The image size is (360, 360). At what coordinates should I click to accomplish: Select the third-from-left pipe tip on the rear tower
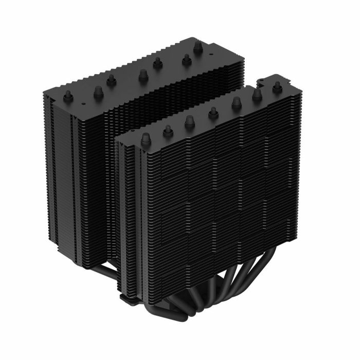coord(111,80)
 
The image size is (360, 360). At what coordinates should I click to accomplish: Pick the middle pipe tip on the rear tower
coord(140,75)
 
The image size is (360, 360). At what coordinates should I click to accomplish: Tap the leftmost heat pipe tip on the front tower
coord(146,138)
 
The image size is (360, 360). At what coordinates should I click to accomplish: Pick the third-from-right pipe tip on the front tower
coord(236,103)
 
